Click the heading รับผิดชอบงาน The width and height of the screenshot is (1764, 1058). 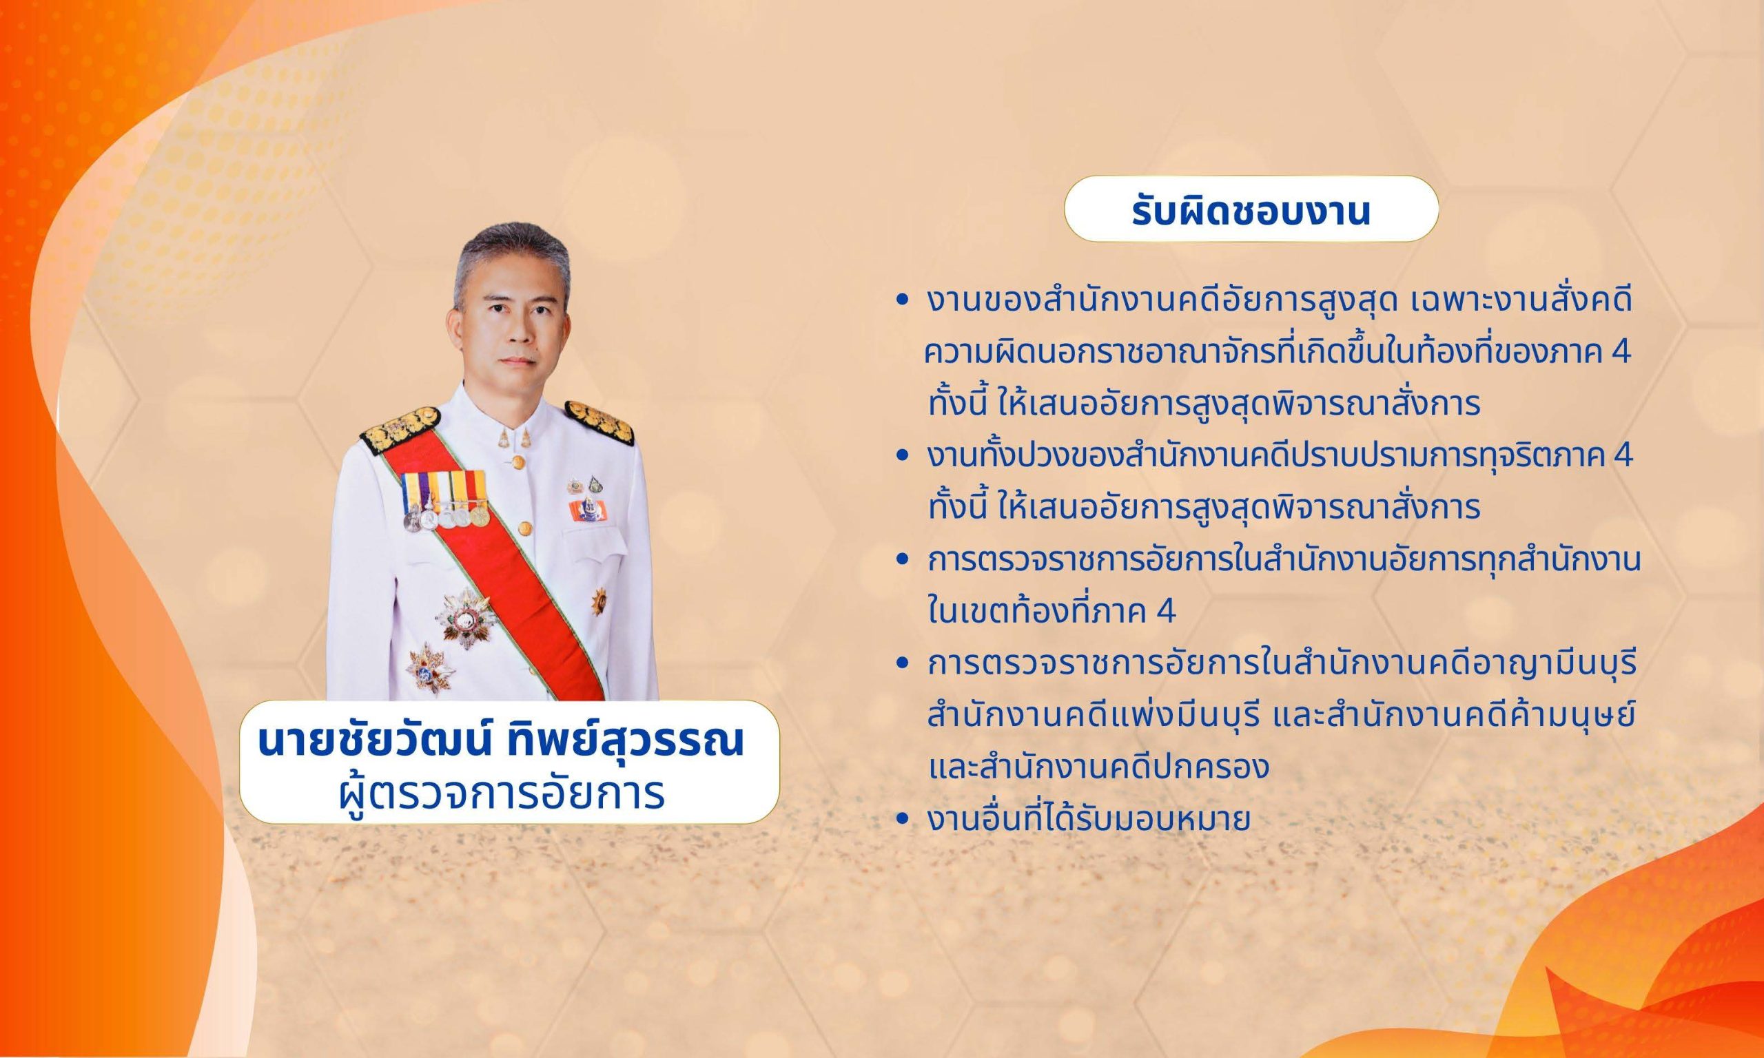tap(1251, 212)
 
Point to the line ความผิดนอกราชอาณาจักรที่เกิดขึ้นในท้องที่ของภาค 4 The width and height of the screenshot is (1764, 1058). tap(1277, 353)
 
